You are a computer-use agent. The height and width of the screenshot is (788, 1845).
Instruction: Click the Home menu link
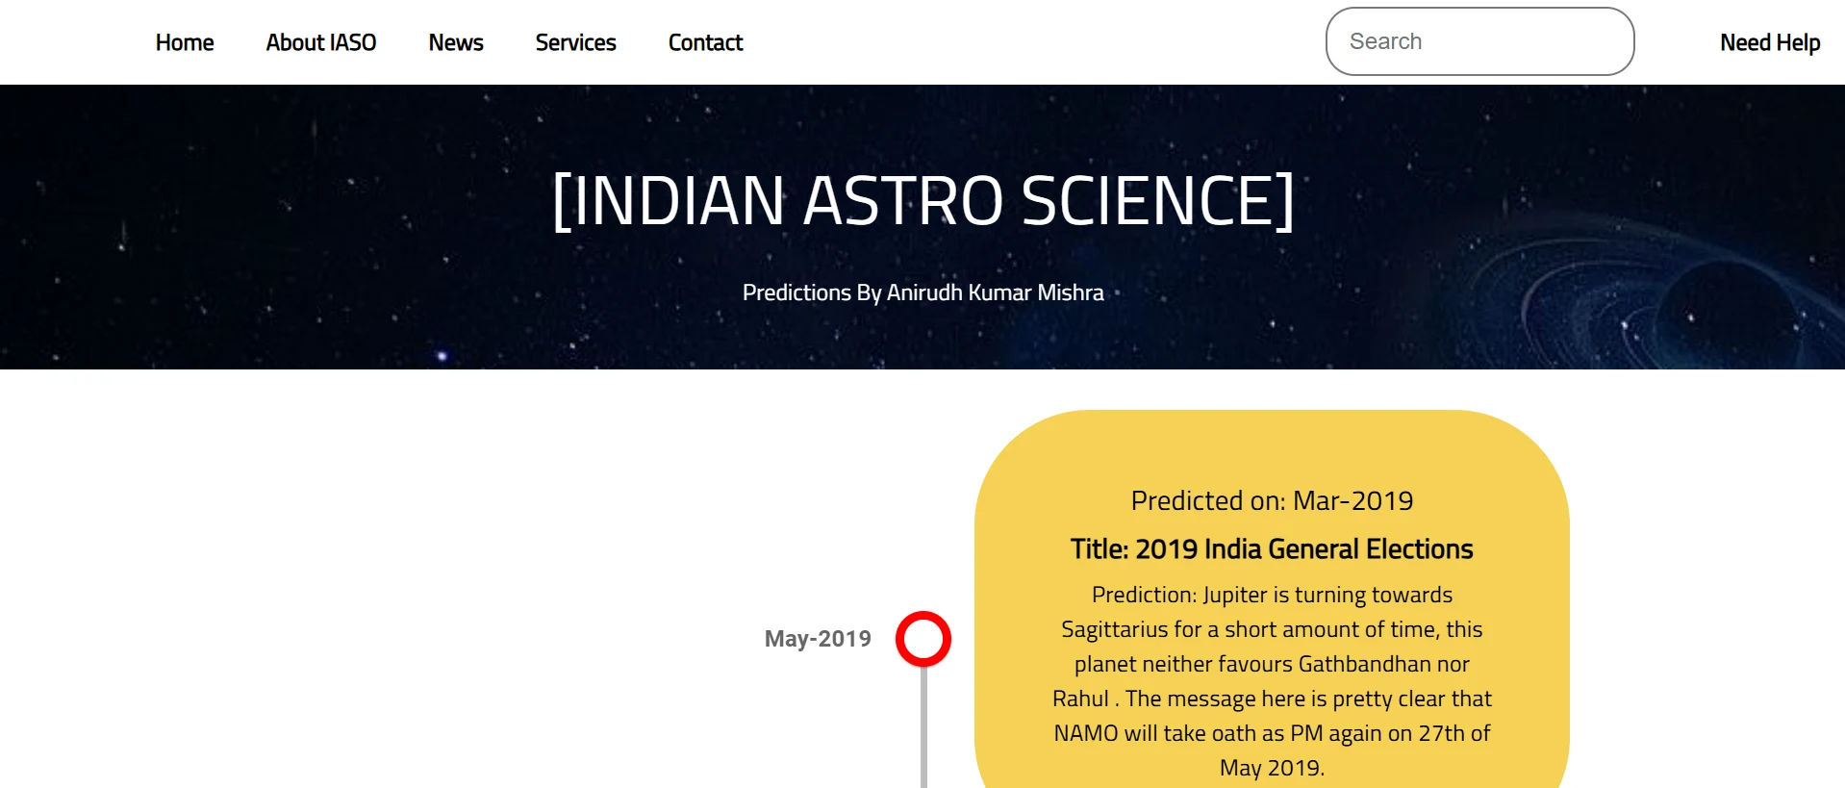point(185,42)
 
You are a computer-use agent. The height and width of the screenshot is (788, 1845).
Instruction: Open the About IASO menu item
point(321,42)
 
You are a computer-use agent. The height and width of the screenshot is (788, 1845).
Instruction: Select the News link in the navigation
point(456,42)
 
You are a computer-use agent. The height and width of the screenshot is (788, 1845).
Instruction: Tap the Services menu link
point(575,42)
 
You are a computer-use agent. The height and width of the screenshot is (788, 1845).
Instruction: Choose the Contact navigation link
point(706,42)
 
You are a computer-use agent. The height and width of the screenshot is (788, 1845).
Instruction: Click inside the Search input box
point(1479,41)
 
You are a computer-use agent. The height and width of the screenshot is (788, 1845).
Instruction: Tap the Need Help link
point(1770,42)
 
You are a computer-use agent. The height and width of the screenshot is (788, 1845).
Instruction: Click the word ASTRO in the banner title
point(903,201)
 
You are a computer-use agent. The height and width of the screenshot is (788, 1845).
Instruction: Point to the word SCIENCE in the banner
point(1147,201)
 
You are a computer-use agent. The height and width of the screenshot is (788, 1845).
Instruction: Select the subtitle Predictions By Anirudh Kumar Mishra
point(922,292)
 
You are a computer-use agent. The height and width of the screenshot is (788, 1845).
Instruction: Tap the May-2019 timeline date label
point(818,639)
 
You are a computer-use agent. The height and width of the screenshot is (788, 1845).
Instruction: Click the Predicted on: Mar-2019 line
point(1272,500)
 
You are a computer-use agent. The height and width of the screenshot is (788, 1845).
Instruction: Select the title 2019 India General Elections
point(1272,548)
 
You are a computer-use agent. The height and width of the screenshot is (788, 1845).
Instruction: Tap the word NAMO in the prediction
point(1086,733)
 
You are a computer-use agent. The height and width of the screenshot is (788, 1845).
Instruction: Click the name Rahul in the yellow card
point(1080,699)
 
